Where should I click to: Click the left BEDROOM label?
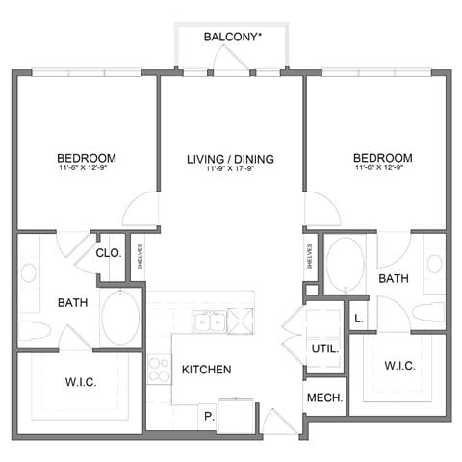tap(87, 158)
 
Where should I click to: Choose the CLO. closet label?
tap(109, 253)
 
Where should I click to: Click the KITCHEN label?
tap(206, 369)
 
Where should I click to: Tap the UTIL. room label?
tap(322, 348)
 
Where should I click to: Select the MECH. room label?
tap(325, 398)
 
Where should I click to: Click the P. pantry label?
tap(206, 418)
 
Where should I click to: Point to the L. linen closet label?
tap(359, 317)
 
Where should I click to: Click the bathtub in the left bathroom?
tap(120, 317)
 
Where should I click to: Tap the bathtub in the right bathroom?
tap(344, 264)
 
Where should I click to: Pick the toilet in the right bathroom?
tap(427, 313)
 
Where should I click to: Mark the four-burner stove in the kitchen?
tap(159, 370)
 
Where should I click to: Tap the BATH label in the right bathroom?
tap(394, 279)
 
